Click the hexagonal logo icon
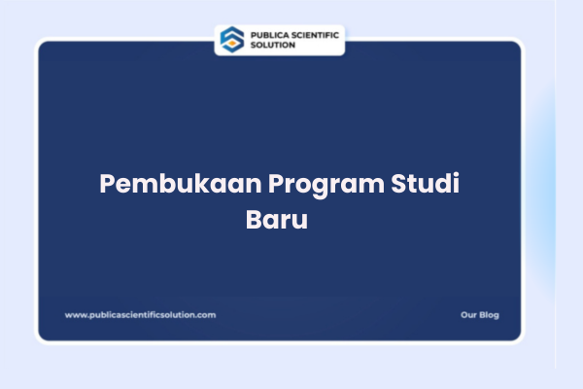[x=232, y=39]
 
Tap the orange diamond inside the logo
[x=232, y=40]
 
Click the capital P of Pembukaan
[x=107, y=185]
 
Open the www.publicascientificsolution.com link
[x=140, y=315]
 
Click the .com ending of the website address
[x=207, y=315]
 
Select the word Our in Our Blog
[x=468, y=315]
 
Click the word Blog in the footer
[x=489, y=315]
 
